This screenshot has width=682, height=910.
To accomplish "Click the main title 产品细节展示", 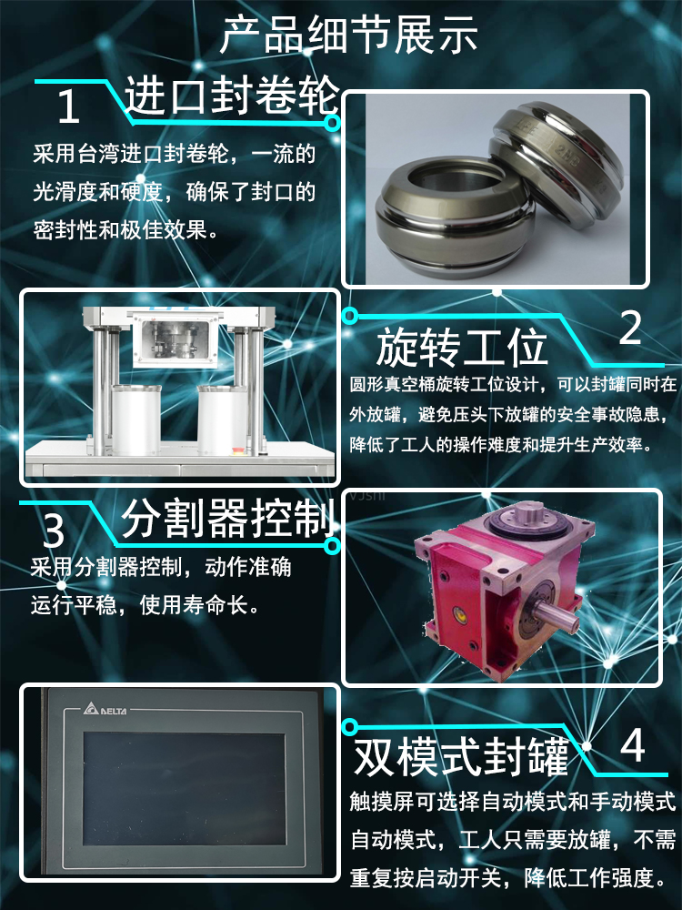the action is coord(349,35).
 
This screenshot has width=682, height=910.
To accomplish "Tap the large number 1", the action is coord(68,106).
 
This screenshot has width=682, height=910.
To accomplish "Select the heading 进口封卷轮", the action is coord(232,96).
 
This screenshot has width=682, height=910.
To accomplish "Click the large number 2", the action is coord(630,328).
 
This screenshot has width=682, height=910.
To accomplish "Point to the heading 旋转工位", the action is coord(462,348).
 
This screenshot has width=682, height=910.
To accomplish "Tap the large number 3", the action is coord(54,531).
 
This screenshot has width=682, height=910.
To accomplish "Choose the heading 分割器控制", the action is coord(228,519).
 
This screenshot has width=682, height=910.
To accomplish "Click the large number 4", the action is coord(633,746).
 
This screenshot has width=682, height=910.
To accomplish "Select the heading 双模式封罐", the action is coord(462,757).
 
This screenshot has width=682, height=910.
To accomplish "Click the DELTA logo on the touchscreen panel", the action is coord(105,709).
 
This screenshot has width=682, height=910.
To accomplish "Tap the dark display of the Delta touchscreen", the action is coord(185,781).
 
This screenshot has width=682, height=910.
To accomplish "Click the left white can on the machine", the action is coord(136,419).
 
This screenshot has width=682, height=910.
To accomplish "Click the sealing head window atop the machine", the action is coord(176,339).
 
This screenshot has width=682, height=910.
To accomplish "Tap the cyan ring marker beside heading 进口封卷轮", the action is coord(332,123).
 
